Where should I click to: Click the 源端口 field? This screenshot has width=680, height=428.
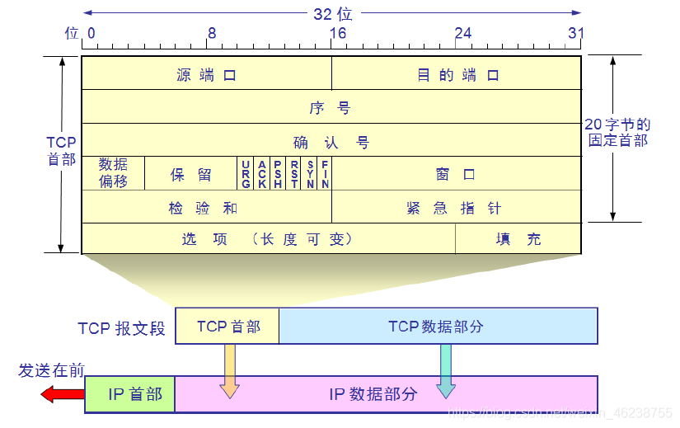pyautogui.click(x=206, y=74)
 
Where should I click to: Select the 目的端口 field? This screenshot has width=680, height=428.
pyautogui.click(x=457, y=74)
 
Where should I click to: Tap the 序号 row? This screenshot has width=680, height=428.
pyautogui.click(x=331, y=107)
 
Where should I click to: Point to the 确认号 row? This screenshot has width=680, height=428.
pyautogui.click(x=331, y=142)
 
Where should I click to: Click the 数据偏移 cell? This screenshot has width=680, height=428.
pyautogui.click(x=113, y=173)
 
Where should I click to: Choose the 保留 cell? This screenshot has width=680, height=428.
pyautogui.click(x=190, y=174)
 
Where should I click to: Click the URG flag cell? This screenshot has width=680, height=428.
pyautogui.click(x=246, y=174)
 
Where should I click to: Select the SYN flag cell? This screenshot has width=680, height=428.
pyautogui.click(x=310, y=174)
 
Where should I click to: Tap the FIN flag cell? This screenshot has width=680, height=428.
pyautogui.click(x=325, y=174)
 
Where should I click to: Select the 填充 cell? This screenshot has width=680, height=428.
pyautogui.click(x=518, y=239)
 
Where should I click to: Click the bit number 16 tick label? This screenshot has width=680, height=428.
pyautogui.click(x=338, y=33)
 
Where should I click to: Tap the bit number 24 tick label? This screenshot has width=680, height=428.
pyautogui.click(x=463, y=33)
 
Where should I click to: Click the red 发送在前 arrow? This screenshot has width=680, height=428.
pyautogui.click(x=63, y=394)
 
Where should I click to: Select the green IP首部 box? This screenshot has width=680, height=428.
pyautogui.click(x=130, y=394)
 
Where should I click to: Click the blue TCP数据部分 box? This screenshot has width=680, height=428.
pyautogui.click(x=438, y=327)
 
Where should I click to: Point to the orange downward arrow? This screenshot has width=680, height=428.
pyautogui.click(x=229, y=370)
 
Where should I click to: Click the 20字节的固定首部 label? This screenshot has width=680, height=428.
pyautogui.click(x=617, y=132)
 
